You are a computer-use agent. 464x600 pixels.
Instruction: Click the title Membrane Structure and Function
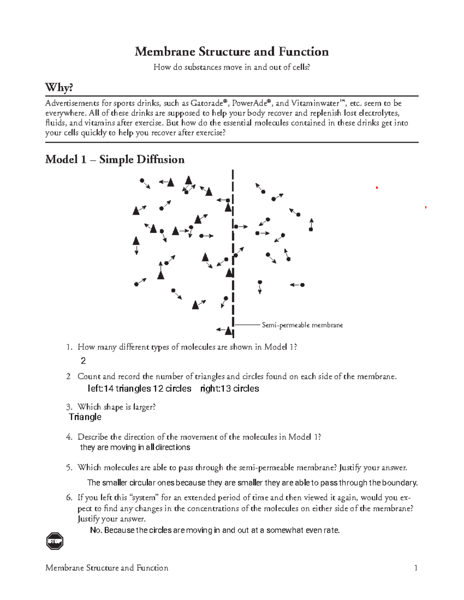(232, 52)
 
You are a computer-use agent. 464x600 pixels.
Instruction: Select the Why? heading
(59, 88)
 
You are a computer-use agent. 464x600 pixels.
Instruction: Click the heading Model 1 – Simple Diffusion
(115, 160)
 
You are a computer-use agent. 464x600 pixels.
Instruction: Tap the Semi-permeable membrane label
(302, 325)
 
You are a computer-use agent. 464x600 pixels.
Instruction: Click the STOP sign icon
(55, 541)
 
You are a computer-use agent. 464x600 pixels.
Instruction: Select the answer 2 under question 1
(83, 361)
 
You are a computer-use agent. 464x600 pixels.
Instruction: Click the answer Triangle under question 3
(85, 417)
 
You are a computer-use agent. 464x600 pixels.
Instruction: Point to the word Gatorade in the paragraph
(206, 104)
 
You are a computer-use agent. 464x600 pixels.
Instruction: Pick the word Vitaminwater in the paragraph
(315, 104)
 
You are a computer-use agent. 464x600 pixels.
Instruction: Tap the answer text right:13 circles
(230, 389)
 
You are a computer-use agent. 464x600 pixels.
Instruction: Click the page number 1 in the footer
(416, 568)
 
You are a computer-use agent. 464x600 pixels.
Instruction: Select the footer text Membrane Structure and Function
(107, 568)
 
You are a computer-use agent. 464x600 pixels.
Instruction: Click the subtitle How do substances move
(232, 67)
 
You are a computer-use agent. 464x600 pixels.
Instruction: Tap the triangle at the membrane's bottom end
(229, 331)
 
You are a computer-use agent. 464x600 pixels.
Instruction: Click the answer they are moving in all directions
(135, 447)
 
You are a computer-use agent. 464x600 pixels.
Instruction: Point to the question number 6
(69, 498)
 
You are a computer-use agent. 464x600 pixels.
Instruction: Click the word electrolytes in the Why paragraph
(379, 113)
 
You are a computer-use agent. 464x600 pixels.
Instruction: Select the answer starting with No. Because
(215, 530)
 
